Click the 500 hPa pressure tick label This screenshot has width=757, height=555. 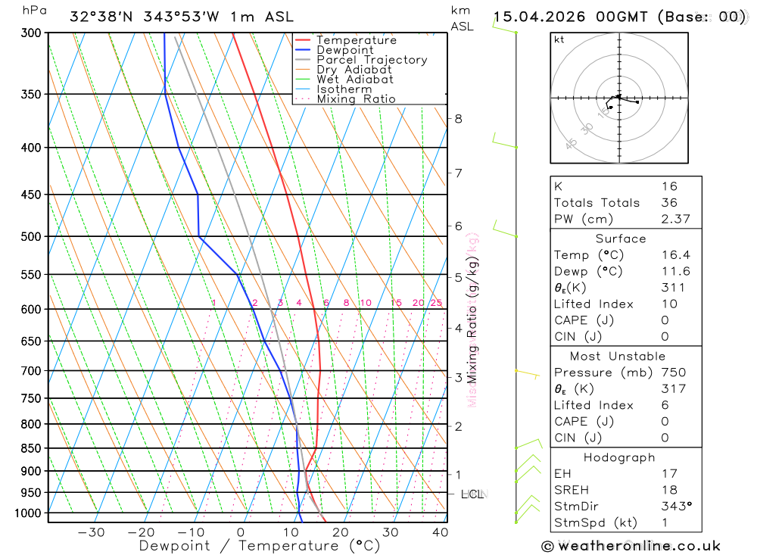pyautogui.click(x=30, y=236)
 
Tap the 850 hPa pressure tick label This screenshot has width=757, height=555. pyautogui.click(x=30, y=448)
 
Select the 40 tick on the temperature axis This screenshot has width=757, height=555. pyautogui.click(x=440, y=532)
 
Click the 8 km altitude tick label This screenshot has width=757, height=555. pyautogui.click(x=458, y=118)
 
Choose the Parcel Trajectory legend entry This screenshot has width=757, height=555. pyautogui.click(x=372, y=60)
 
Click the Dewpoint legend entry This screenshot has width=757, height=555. pyautogui.click(x=344, y=50)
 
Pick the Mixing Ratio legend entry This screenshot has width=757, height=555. pyautogui.click(x=356, y=99)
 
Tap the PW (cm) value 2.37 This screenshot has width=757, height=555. pyautogui.click(x=669, y=219)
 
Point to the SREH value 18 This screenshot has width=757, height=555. pyautogui.click(x=668, y=490)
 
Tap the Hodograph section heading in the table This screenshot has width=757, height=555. pyautogui.click(x=619, y=457)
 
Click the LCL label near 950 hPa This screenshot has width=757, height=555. pyautogui.click(x=472, y=494)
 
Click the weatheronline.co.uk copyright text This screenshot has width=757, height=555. pyautogui.click(x=631, y=546)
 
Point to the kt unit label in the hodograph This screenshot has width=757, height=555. pyautogui.click(x=559, y=39)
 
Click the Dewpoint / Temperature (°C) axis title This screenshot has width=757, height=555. pyautogui.click(x=260, y=545)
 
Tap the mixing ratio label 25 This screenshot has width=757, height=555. pyautogui.click(x=436, y=303)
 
